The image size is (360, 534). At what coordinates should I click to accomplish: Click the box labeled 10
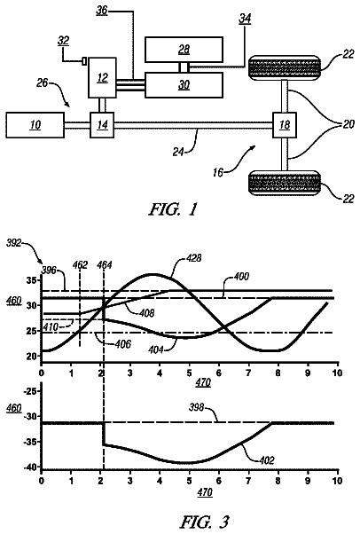click(x=35, y=125)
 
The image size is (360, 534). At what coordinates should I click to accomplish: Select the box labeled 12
click(x=102, y=78)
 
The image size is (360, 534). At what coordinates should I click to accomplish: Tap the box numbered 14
click(x=102, y=125)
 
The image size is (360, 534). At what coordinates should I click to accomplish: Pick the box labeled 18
click(x=285, y=125)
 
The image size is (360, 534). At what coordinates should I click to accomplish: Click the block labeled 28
click(x=184, y=50)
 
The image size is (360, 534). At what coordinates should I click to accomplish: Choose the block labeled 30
click(x=184, y=85)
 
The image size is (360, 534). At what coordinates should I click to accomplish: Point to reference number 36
click(x=101, y=11)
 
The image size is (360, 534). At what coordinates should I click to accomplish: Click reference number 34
click(x=245, y=20)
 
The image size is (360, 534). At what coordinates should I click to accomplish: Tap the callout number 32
click(x=63, y=41)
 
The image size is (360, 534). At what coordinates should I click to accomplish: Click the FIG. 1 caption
click(x=173, y=209)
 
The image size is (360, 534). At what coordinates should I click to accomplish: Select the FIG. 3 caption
click(x=205, y=522)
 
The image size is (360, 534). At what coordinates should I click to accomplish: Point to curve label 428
click(x=194, y=258)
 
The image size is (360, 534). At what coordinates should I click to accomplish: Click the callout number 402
click(x=267, y=460)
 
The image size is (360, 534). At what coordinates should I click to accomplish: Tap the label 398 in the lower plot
click(x=196, y=407)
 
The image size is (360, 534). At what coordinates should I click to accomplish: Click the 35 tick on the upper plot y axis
click(x=31, y=281)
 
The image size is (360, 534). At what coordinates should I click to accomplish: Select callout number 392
click(x=14, y=243)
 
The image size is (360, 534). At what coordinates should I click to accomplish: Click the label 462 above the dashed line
click(x=81, y=265)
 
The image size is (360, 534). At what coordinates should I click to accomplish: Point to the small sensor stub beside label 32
click(x=84, y=61)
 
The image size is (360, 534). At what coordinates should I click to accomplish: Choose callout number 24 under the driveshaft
click(x=178, y=151)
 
